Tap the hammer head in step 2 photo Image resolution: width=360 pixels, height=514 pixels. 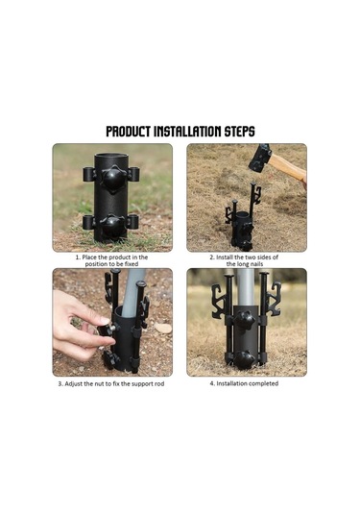(260, 158)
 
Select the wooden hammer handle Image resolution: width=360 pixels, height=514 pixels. (288, 168)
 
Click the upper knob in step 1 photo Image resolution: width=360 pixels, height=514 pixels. (112, 179)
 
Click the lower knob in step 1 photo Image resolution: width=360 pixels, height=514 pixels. (112, 226)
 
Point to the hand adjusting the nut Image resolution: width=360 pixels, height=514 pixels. (81, 324)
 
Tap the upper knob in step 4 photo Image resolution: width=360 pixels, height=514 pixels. (245, 321)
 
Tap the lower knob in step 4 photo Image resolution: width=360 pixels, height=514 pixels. (245, 359)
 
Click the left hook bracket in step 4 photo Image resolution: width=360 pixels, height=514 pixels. (218, 302)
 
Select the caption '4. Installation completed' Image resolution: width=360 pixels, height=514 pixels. (244, 383)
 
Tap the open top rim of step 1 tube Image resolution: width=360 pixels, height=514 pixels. (111, 156)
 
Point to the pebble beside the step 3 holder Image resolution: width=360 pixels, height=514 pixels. (163, 328)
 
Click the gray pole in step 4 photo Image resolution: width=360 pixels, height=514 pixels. (246, 287)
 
